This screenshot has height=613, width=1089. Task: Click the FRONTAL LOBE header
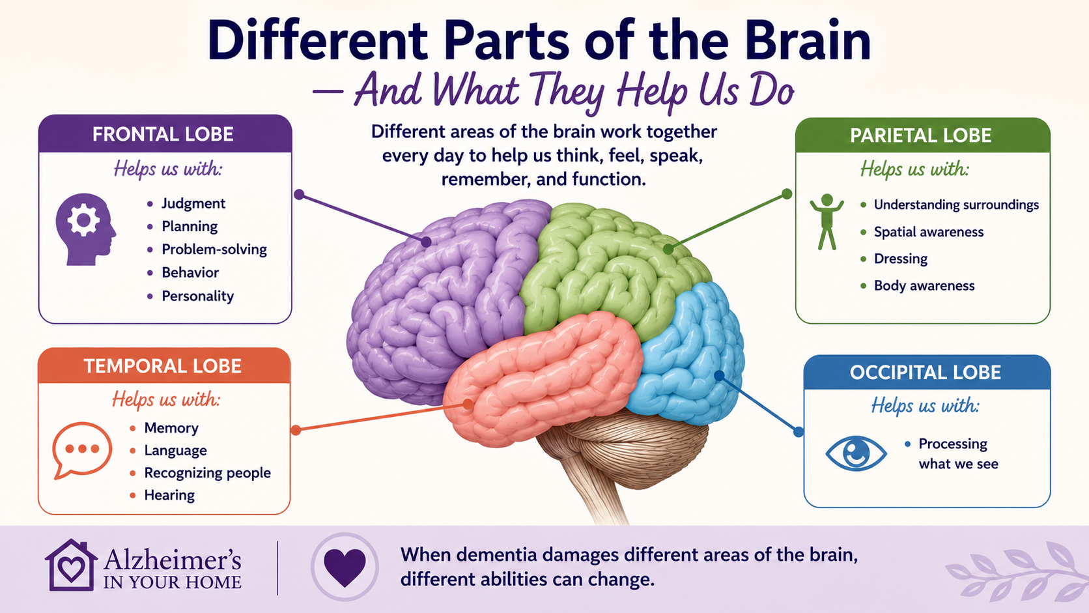coord(163,134)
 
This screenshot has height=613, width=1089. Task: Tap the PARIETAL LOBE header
coord(921,135)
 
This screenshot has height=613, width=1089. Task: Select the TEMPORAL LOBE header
coord(163,366)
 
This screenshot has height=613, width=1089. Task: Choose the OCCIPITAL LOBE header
coord(925,373)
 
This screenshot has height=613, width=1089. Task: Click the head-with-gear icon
coord(85,229)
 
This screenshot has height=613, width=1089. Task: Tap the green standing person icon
coord(827,221)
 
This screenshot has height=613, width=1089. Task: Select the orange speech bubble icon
coord(81,450)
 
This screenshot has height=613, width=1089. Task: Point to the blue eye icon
coord(856,453)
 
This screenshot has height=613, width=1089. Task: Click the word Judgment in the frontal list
coord(193,203)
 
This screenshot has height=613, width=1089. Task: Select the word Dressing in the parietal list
coord(901,259)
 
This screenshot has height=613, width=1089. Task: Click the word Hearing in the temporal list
coord(169,495)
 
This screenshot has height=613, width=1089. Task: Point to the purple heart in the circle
coord(345,567)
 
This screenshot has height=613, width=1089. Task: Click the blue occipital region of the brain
coord(690,355)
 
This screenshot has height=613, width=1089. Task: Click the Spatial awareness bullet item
coord(929,232)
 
